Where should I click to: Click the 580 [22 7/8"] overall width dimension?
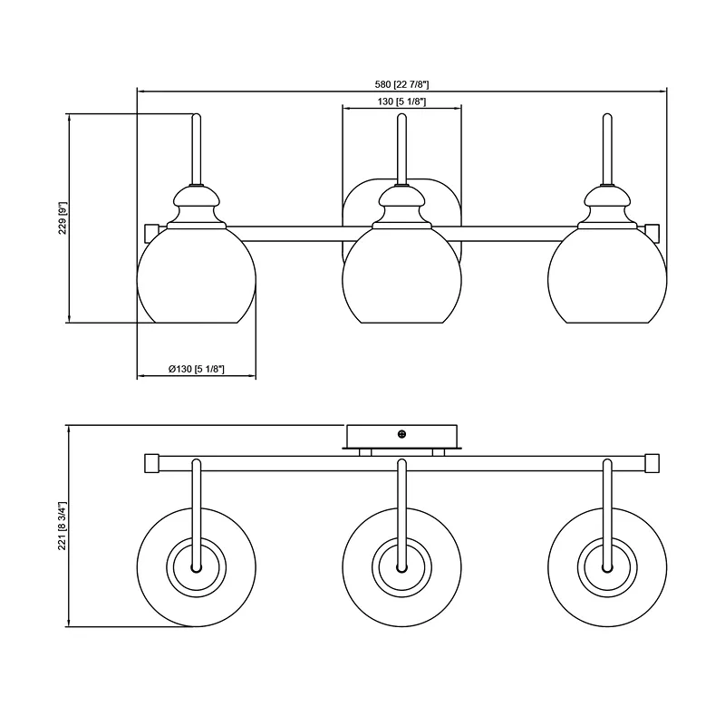coord(401,84)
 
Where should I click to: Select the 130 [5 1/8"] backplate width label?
coord(401,101)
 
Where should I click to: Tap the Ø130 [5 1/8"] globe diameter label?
coord(197,369)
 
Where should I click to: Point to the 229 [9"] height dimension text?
coord(63,217)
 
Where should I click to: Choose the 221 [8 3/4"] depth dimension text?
coord(63,526)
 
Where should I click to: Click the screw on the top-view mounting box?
coord(401,434)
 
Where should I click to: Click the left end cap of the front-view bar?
coord(151,231)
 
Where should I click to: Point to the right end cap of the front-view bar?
coord(652,231)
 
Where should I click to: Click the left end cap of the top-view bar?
coord(151,463)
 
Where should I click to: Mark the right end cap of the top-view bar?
coord(652,463)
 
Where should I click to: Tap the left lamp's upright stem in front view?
coord(197,149)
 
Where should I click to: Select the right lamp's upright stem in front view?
coord(607,149)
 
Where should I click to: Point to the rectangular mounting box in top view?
coord(401,436)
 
